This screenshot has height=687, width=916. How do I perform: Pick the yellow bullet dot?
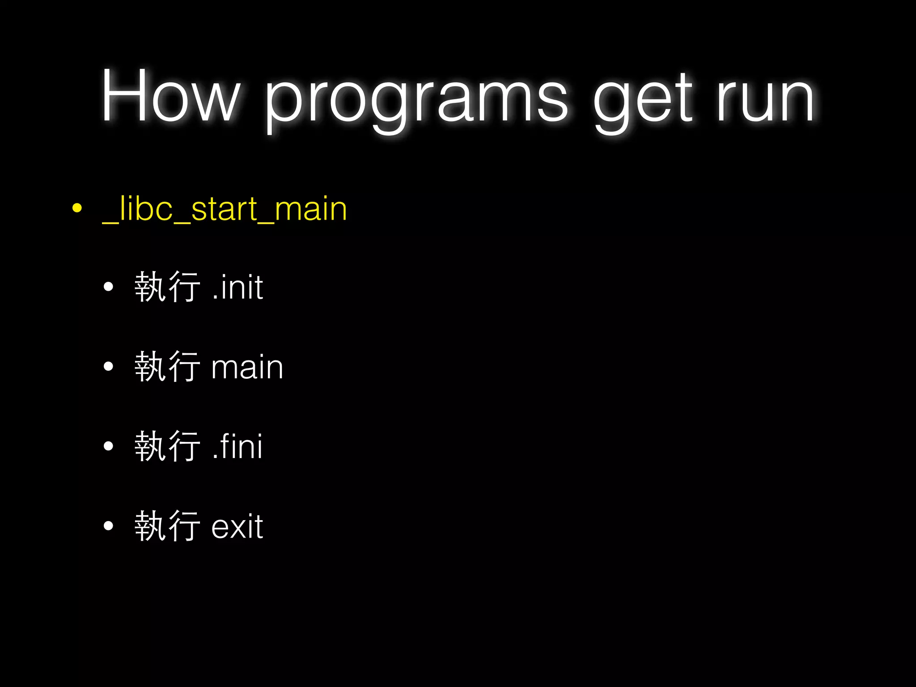77,208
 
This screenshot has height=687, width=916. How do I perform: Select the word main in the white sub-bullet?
247,367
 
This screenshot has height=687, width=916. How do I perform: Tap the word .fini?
237,446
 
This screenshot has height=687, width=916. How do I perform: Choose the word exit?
237,526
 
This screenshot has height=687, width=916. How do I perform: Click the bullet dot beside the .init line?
108,287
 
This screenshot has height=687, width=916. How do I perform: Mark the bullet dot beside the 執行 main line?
108,367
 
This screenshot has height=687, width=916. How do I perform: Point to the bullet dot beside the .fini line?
108,446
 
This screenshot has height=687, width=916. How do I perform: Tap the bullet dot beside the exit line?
108,526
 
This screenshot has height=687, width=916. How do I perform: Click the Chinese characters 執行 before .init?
167,287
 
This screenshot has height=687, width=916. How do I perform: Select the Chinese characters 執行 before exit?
167,526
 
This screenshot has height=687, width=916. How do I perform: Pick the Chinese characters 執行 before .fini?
167,446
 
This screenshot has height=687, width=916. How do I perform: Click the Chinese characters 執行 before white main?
167,367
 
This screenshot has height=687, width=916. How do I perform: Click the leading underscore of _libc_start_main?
110,222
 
